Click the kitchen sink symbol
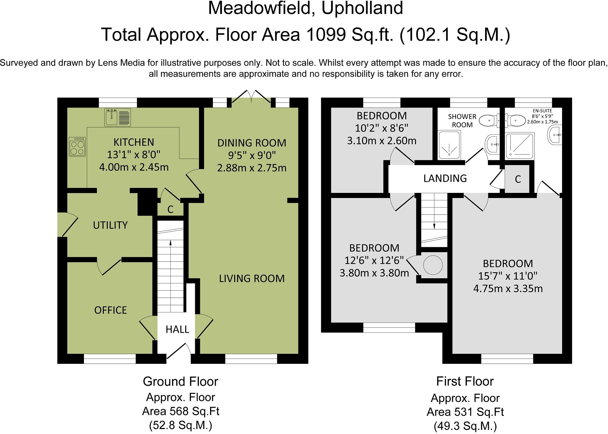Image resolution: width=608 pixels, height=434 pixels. pyautogui.click(x=118, y=117)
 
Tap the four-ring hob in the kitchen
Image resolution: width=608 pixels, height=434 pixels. pyautogui.click(x=77, y=146)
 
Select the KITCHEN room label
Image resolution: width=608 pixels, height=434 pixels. pyautogui.click(x=134, y=142)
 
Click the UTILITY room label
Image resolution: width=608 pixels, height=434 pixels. pyautogui.click(x=110, y=225)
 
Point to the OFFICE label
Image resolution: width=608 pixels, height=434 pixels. pyautogui.click(x=111, y=310)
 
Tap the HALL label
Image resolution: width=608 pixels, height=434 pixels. pyautogui.click(x=177, y=329)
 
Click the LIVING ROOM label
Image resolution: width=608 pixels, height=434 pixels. pyautogui.click(x=252, y=278)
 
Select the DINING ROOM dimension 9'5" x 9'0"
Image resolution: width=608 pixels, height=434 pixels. pyautogui.click(x=252, y=155)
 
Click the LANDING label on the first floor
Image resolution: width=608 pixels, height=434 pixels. pyautogui.click(x=445, y=178)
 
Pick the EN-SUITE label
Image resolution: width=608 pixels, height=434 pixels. pyautogui.click(x=542, y=111)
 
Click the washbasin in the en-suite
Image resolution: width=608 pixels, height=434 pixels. pyautogui.click(x=554, y=135)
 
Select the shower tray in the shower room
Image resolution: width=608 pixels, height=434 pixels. pyautogui.click(x=449, y=145)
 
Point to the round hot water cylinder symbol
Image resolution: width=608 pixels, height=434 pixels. pyautogui.click(x=433, y=265)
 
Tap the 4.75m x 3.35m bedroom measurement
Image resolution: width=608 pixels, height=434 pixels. pyautogui.click(x=508, y=289)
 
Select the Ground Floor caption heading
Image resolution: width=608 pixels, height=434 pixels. pyautogui.click(x=181, y=381)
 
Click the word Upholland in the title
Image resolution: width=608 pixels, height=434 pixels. pyautogui.click(x=362, y=9)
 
